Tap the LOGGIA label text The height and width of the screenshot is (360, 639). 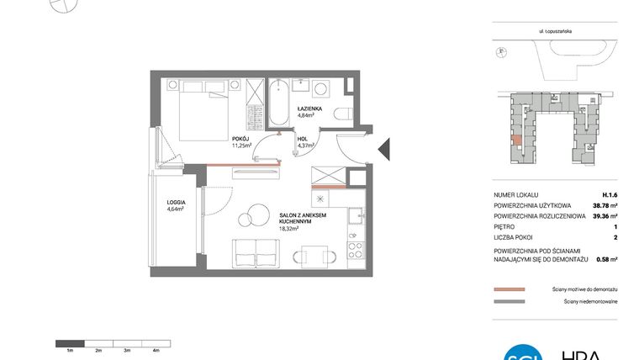coord(176,202)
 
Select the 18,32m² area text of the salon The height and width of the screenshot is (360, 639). coord(290,228)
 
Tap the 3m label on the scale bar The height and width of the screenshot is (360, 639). coord(127,349)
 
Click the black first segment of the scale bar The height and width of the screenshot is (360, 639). coord(70,342)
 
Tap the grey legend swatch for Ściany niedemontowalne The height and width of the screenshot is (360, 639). coord(509,300)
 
